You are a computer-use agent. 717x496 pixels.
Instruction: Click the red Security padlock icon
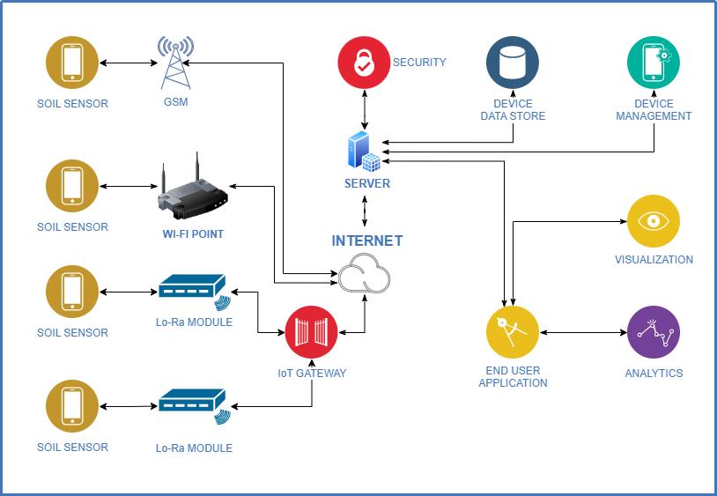365,63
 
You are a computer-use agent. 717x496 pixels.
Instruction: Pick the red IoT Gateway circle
311,332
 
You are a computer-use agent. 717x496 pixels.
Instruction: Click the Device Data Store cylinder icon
513,63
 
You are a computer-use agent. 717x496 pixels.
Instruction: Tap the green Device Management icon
654,63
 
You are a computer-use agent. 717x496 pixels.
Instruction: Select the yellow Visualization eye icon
654,221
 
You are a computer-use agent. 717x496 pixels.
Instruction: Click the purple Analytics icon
654,333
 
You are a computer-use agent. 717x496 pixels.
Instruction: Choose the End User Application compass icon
513,333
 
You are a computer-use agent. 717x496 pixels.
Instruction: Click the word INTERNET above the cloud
366,241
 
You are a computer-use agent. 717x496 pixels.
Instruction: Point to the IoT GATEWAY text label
312,373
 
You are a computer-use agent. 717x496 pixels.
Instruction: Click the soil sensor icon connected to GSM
72,63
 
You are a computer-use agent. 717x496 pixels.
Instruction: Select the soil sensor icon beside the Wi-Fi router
72,186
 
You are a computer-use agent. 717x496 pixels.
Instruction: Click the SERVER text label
366,183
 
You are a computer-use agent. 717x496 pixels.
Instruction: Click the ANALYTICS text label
654,373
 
